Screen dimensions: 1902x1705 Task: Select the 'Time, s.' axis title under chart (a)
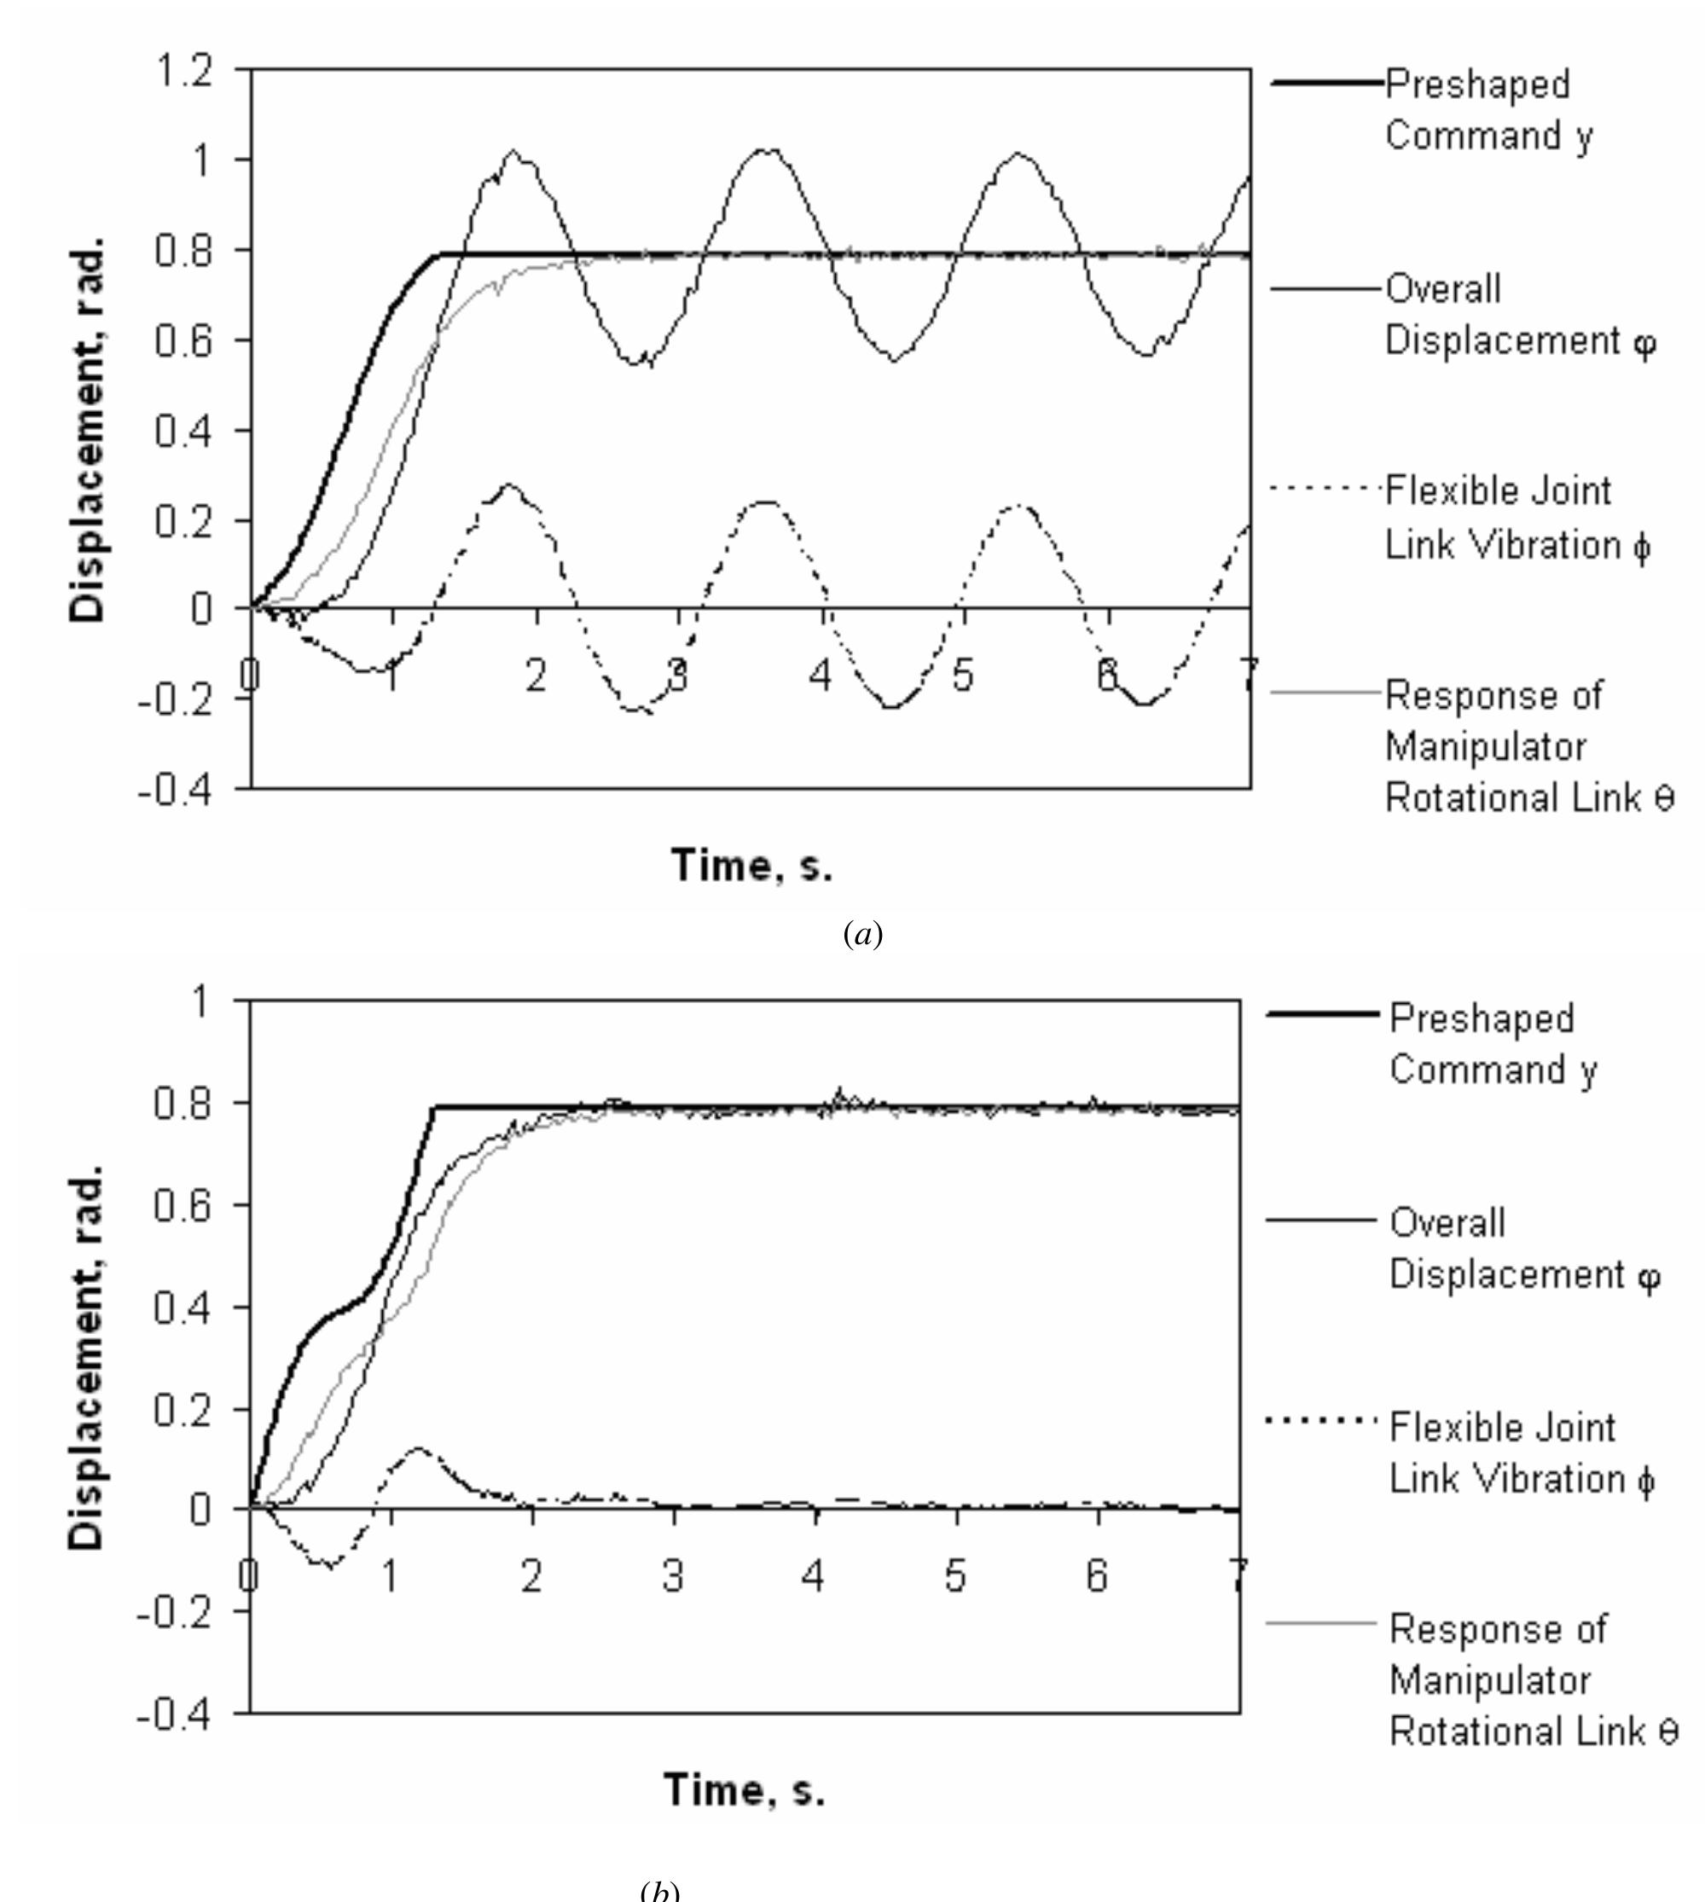[x=751, y=865]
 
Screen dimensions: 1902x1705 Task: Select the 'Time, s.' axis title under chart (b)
[x=745, y=1789]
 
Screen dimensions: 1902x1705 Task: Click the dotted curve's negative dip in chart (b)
[x=329, y=1563]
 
